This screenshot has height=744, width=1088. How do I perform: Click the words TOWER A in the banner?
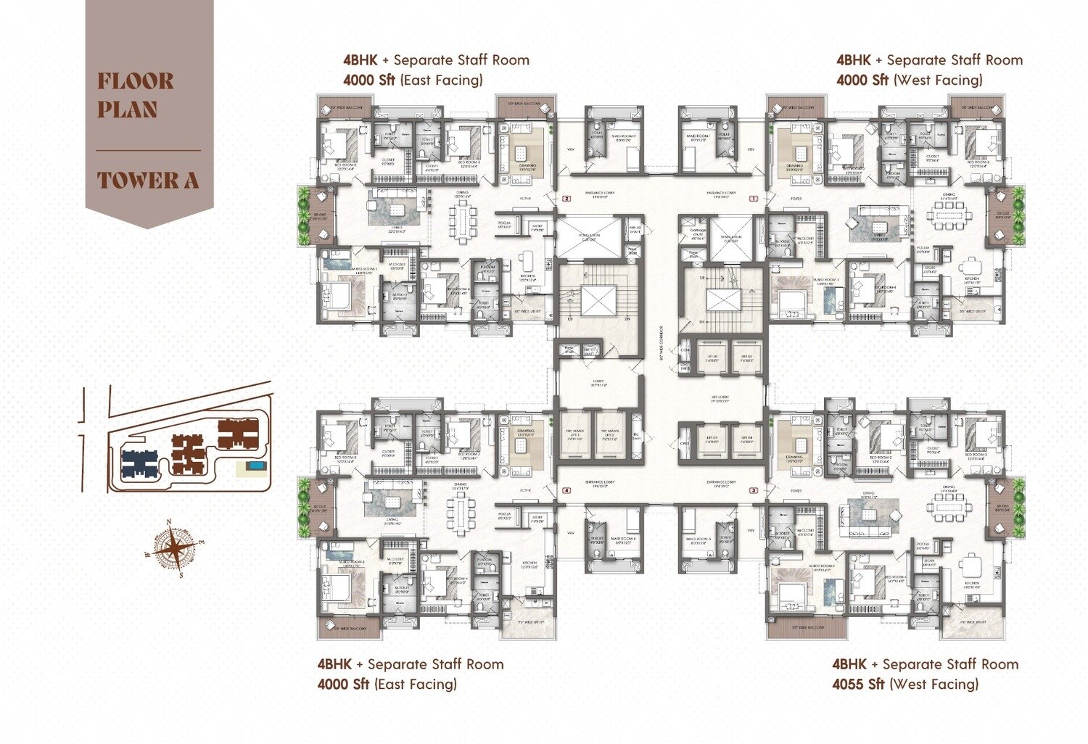pyautogui.click(x=148, y=180)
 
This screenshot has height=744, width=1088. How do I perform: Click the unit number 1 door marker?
pyautogui.click(x=754, y=198)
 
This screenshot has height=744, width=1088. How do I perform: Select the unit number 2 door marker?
pyautogui.click(x=566, y=198)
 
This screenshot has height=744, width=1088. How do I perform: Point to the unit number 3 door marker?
pyautogui.click(x=754, y=491)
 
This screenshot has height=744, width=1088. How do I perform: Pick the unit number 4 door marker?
pyautogui.click(x=566, y=491)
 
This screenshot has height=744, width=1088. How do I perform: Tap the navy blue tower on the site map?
pyautogui.click(x=139, y=462)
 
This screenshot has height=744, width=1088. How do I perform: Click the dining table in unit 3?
pyautogui.click(x=949, y=508)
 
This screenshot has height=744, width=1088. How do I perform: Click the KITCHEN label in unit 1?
pyautogui.click(x=971, y=278)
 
